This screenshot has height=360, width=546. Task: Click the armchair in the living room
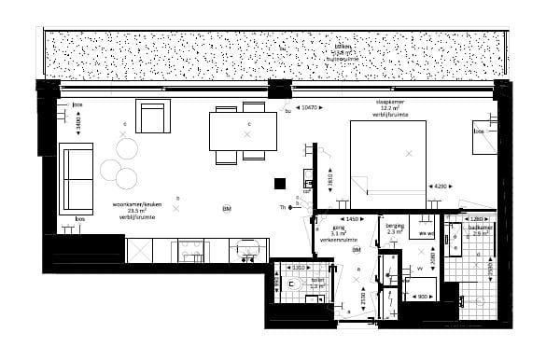[x=153, y=118]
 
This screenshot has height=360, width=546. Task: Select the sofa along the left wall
[x=76, y=178]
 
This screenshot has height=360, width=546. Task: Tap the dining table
[x=243, y=132]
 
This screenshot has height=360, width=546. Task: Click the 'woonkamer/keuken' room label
[x=133, y=205]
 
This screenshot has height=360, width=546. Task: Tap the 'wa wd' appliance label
[x=427, y=232]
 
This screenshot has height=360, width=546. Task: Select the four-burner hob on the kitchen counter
[x=193, y=249]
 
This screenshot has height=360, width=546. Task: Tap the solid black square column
[x=279, y=184]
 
